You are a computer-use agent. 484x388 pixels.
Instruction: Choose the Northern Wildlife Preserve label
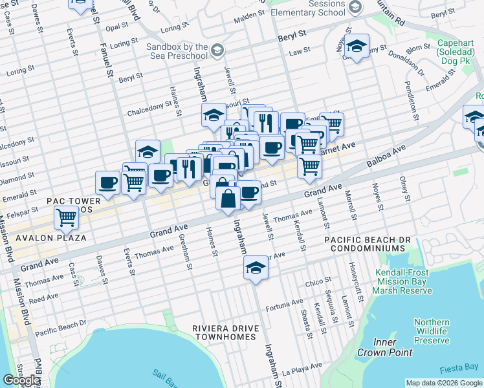(432, 331)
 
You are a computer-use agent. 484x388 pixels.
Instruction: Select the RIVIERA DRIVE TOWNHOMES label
(225, 333)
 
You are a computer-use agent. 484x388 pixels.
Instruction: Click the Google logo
(22, 380)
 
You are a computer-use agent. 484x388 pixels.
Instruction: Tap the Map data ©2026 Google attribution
(444, 383)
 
